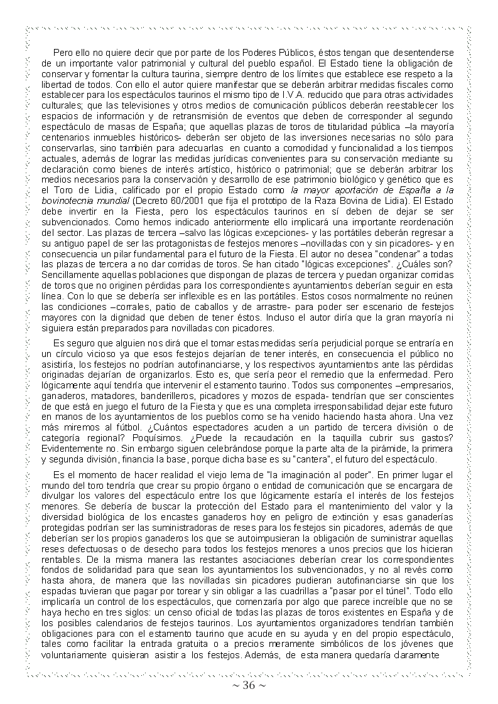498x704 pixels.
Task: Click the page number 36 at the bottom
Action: coord(249,685)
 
